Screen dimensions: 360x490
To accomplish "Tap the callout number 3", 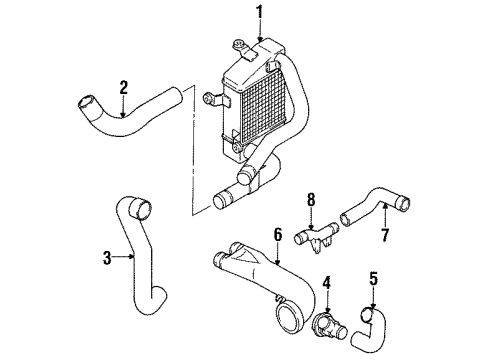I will click(x=106, y=259).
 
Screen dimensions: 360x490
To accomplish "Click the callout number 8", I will click(x=311, y=199).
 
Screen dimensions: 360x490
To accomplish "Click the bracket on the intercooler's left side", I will click(x=212, y=100).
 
